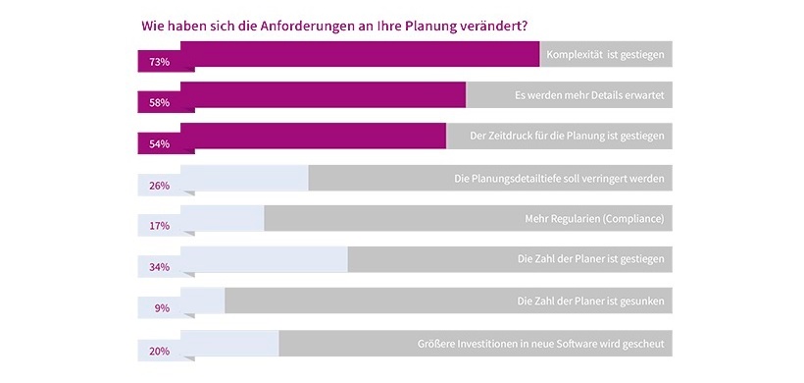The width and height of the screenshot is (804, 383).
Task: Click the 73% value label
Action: [x=159, y=62]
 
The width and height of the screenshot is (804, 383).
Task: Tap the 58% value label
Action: [x=159, y=103]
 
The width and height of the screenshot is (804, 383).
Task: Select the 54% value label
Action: [x=159, y=144]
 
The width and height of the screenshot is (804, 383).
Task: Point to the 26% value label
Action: [x=159, y=186]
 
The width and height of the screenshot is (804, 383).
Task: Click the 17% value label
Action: [x=159, y=226]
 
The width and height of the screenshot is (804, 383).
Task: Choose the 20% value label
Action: [x=159, y=351]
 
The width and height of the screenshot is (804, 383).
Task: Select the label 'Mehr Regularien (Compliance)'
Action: [x=596, y=219]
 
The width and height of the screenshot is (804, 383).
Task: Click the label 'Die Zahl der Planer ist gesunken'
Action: [x=591, y=301]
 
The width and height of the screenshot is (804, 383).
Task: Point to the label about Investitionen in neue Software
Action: [x=542, y=344]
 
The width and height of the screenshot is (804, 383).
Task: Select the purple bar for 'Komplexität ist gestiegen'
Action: [x=360, y=54]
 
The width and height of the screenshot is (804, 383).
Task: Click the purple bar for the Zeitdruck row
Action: [x=314, y=136]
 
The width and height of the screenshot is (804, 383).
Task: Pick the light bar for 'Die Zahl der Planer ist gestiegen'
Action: [x=265, y=259]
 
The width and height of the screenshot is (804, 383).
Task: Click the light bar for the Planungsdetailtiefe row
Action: [x=245, y=178]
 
